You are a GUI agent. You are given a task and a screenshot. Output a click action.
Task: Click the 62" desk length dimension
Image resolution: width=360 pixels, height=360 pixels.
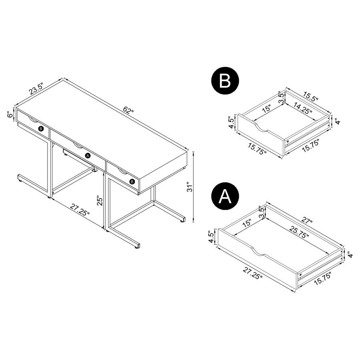pos(128,111)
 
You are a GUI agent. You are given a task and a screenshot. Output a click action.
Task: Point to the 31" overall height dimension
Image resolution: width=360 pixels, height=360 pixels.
pos(191,186)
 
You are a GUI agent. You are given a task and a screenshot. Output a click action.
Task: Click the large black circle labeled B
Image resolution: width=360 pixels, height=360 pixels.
pos(226,81)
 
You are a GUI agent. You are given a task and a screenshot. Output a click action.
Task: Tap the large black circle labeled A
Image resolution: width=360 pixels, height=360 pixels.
pos(226,196)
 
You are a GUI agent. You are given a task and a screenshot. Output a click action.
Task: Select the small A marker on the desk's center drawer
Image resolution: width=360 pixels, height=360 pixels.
pos(88,155)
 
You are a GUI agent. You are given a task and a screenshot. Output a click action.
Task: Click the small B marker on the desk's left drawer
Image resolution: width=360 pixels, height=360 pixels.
pos(40,128)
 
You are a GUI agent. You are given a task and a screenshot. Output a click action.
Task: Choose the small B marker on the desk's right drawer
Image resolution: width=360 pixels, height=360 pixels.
pos(132,182)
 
